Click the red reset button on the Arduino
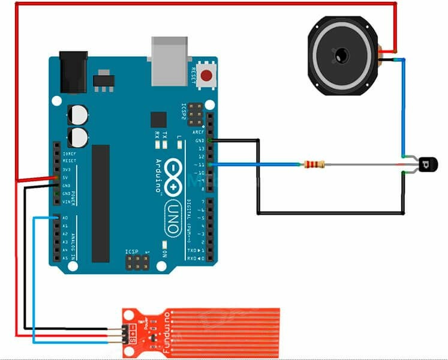click(207, 76)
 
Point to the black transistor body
click(425, 164)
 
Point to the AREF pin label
click(199, 132)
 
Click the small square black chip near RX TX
click(158, 118)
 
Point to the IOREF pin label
click(67, 154)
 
